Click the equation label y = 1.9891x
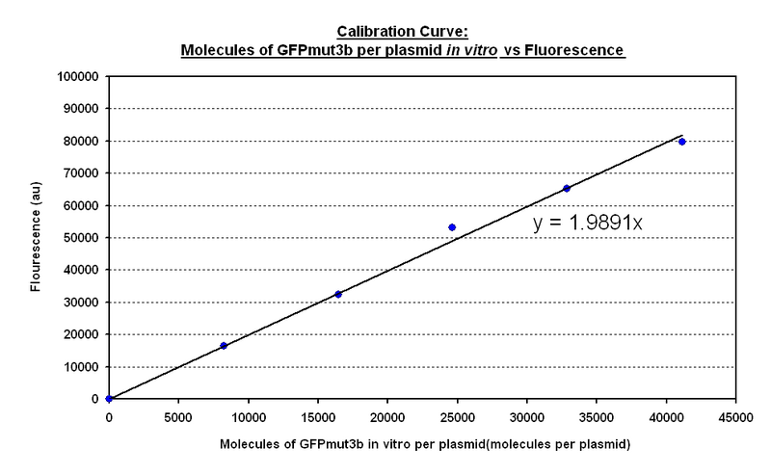tap(589, 224)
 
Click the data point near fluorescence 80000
tap(682, 142)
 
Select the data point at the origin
tap(109, 398)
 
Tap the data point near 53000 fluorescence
tap(452, 227)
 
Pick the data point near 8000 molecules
tap(224, 345)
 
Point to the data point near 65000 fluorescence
tap(567, 188)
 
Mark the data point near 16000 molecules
tap(338, 294)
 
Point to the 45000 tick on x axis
tap(735, 419)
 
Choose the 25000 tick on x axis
tap(457, 419)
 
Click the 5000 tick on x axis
tap(178, 419)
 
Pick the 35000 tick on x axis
tap(596, 419)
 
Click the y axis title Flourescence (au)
tap(35, 238)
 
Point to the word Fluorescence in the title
tap(582, 47)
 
